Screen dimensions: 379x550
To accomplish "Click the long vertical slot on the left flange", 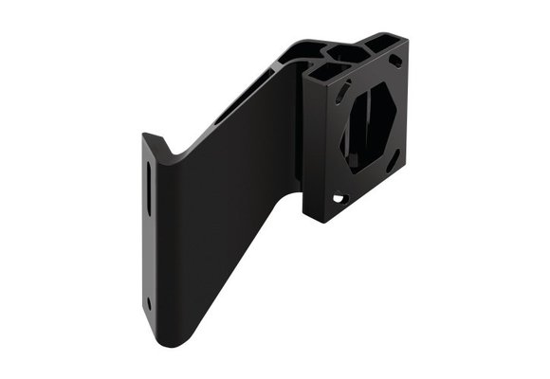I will (149, 190).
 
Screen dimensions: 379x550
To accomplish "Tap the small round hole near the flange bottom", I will (149, 304).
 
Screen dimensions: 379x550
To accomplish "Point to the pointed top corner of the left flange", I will (144, 135).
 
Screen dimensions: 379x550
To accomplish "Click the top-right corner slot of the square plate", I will (395, 60).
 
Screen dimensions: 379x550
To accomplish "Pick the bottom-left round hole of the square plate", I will (337, 197).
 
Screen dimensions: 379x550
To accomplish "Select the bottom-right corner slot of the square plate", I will (392, 162).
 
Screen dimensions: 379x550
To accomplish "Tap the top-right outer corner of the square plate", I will (409, 39).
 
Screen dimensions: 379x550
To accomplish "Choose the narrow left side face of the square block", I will (308, 142).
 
